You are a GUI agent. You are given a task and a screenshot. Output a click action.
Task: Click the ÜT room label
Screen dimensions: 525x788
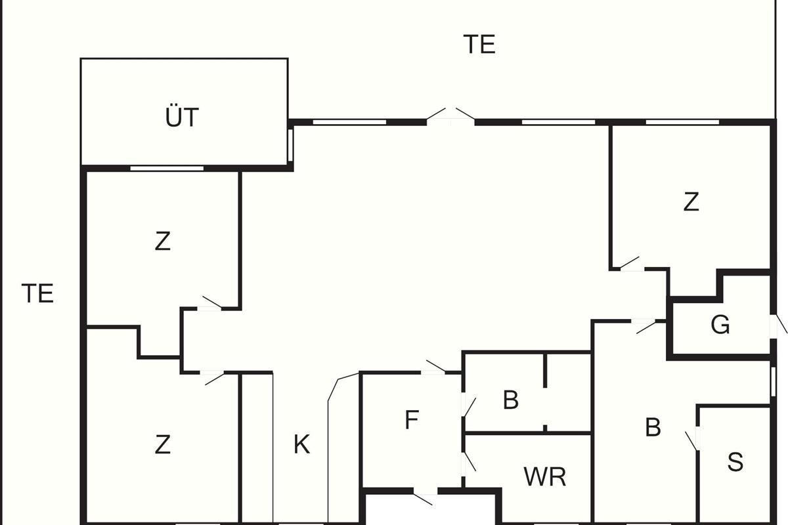point(182,118)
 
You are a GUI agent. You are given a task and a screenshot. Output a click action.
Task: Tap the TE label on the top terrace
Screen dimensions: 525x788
point(479,45)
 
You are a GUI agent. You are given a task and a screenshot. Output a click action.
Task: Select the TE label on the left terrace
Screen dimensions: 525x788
point(37,293)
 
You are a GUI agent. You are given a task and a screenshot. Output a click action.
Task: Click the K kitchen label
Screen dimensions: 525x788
point(301,445)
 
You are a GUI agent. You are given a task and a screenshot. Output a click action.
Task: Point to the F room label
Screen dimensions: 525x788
point(412,420)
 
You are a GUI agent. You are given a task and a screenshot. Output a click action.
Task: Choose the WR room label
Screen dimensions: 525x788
point(545,477)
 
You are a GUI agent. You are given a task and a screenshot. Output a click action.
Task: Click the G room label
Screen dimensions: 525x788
point(720,325)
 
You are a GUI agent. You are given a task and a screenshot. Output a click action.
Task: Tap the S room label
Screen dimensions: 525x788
point(735,462)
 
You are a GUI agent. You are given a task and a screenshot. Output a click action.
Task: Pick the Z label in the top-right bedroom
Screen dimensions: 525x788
point(691,202)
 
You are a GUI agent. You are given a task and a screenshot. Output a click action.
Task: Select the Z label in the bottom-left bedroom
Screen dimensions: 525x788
point(162,445)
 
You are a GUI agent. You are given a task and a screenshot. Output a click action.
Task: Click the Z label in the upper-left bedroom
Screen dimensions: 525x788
point(162,241)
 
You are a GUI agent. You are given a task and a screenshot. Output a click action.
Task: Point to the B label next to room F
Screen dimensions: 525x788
point(510,400)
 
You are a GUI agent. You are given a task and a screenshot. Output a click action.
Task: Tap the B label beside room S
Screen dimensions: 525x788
point(652,427)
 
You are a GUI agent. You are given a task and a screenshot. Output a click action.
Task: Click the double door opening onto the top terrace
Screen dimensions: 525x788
point(450,115)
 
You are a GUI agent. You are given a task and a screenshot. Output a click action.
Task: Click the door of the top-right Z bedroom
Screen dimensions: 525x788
point(631,264)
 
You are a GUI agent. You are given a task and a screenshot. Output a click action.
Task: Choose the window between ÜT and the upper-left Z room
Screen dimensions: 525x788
point(167,169)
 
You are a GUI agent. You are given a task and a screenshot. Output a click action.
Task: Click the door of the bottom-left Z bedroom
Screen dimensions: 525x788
point(213,377)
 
